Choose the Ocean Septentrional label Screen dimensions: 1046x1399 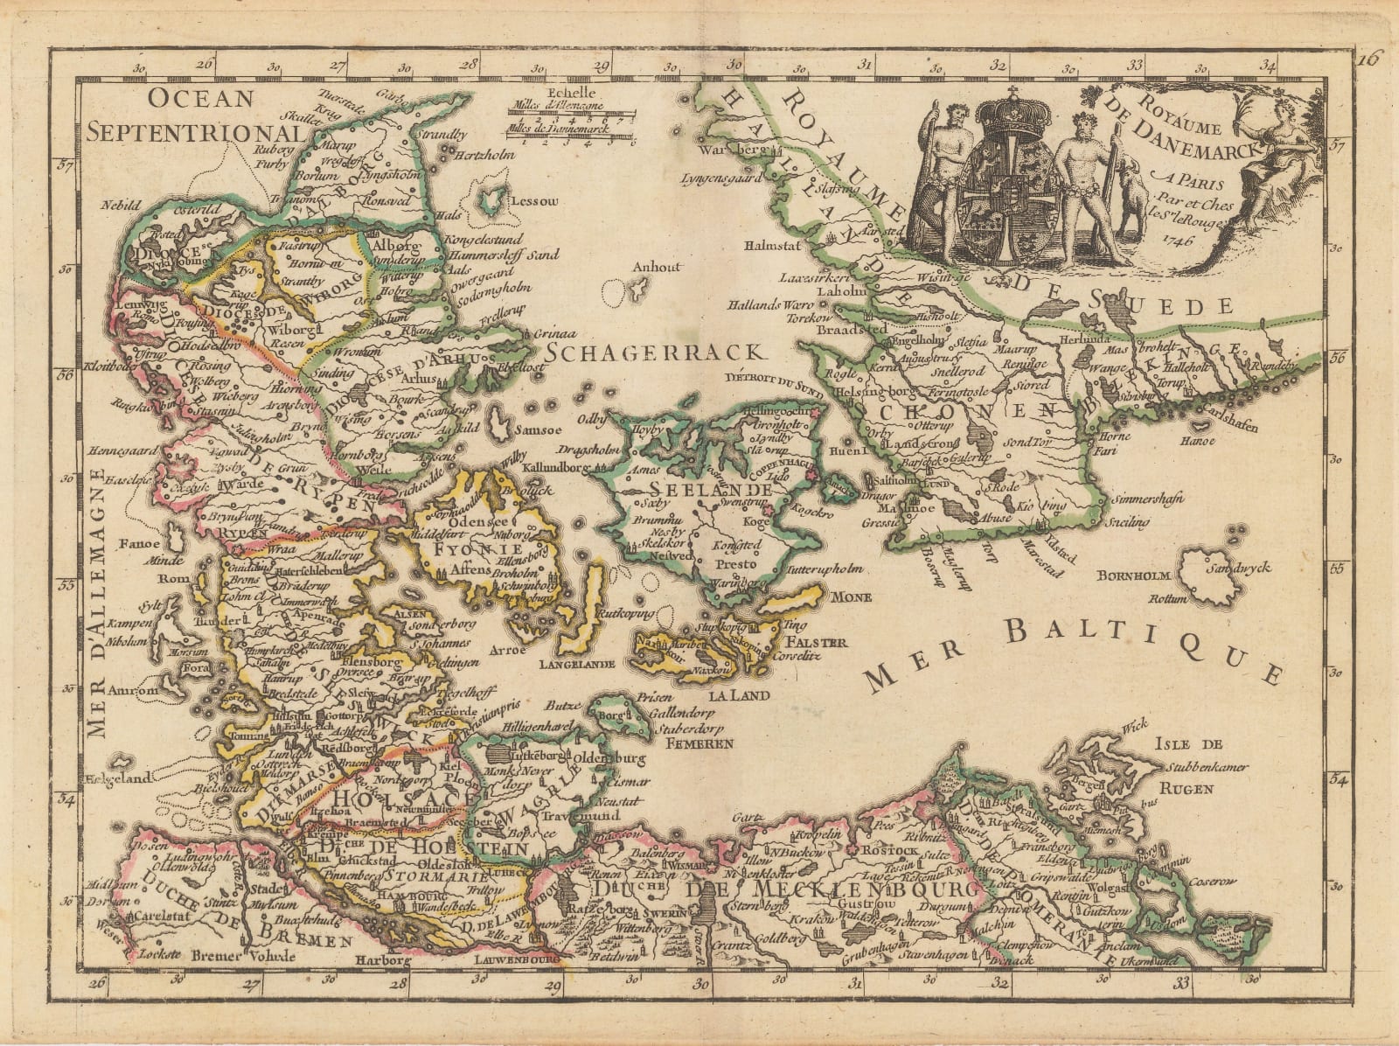(200, 115)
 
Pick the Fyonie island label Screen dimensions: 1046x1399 (462, 551)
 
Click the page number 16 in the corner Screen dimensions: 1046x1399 (1368, 59)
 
